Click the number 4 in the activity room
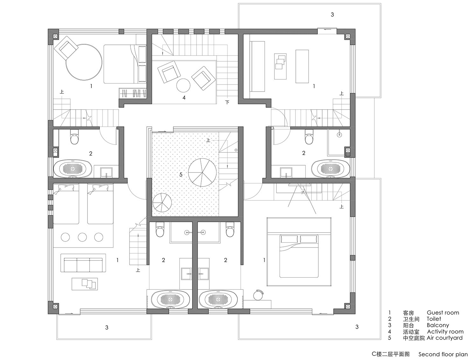point(184,98)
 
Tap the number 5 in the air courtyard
point(181,175)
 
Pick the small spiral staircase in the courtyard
point(162,202)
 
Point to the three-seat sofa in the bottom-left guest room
point(83,263)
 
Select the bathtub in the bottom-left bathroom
point(170,300)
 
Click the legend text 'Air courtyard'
point(444,338)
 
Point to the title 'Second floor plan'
point(443,354)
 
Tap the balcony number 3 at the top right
point(332,15)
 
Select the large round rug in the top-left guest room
point(84,62)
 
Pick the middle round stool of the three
point(82,237)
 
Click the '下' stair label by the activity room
point(227,102)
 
